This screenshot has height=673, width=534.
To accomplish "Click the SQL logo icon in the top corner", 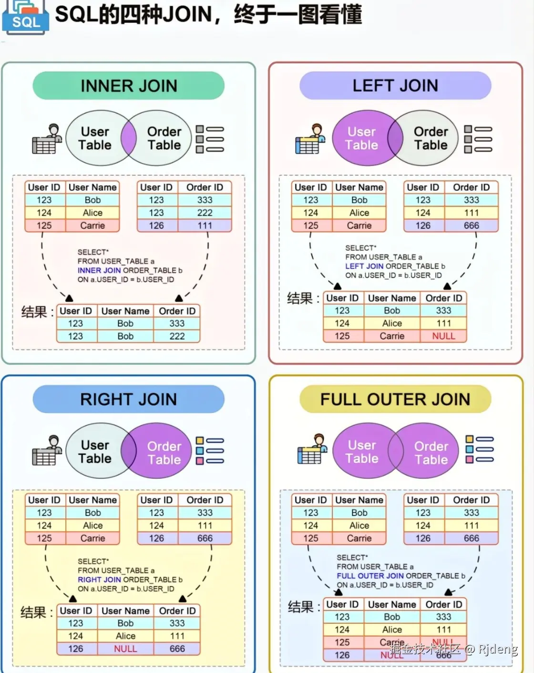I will click(x=25, y=17).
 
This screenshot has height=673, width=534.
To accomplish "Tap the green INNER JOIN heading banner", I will click(x=129, y=86).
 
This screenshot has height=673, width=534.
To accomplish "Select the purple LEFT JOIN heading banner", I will click(x=395, y=86).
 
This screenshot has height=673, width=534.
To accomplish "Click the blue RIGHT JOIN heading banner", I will click(x=129, y=399).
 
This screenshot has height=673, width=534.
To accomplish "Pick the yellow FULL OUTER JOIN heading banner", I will click(x=395, y=399).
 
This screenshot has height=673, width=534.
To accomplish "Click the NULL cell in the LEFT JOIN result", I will click(x=443, y=336).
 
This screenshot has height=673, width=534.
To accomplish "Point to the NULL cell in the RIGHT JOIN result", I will click(x=125, y=649).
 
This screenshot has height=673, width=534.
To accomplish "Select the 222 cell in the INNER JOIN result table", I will click(x=177, y=336).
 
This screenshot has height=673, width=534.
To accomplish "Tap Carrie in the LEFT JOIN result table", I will click(x=392, y=336).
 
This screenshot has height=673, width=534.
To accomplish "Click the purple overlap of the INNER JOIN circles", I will click(x=129, y=138).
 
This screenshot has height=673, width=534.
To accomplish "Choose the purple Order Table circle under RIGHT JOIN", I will click(x=164, y=452).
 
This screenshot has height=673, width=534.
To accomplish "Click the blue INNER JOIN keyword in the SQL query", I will click(x=99, y=270).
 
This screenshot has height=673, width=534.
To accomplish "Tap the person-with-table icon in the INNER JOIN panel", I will click(x=47, y=139).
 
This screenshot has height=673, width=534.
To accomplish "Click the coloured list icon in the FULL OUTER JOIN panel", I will click(x=479, y=449).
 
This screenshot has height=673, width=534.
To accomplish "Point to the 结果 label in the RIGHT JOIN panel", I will click(x=33, y=612).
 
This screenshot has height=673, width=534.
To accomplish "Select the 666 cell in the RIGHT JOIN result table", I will click(x=177, y=649).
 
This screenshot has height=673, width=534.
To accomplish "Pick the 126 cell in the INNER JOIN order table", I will click(x=156, y=226).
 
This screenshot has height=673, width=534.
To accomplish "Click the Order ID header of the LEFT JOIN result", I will click(x=443, y=298).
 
